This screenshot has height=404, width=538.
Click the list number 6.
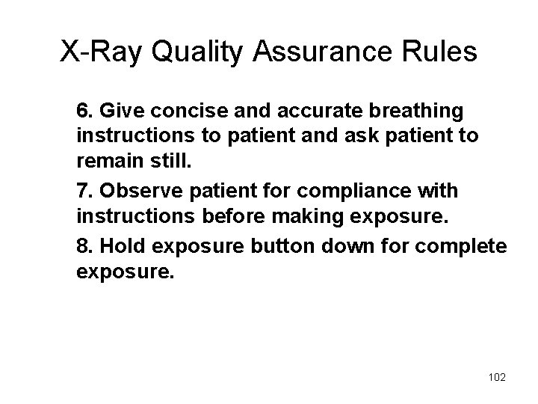[x=83, y=111]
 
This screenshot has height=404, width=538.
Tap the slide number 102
[x=495, y=378]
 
